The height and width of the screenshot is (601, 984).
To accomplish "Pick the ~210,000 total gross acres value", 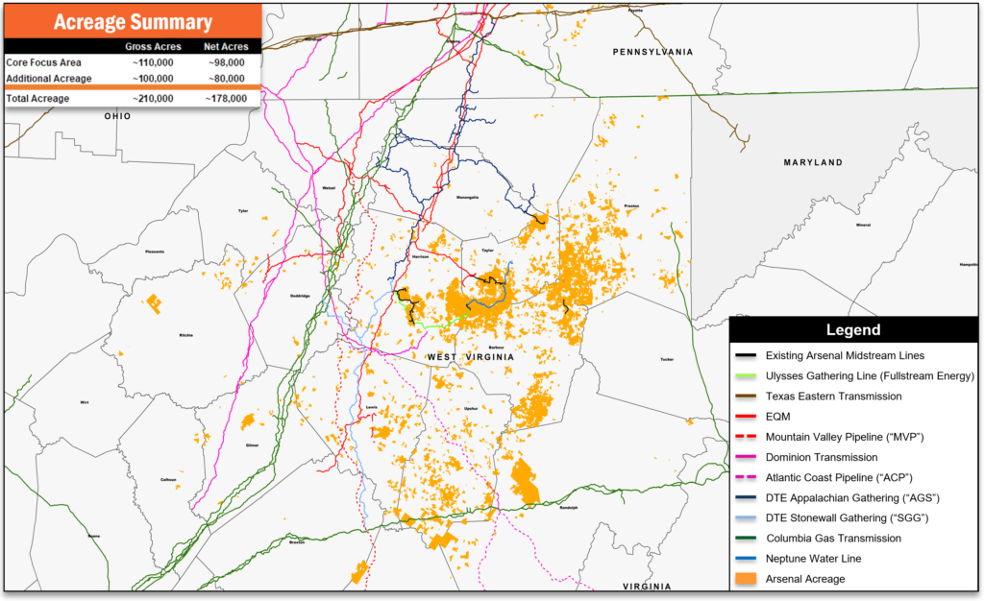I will tap(153, 98).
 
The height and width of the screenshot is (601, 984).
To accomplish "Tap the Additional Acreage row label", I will tap(49, 78).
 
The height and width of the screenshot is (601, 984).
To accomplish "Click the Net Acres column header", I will tap(226, 46).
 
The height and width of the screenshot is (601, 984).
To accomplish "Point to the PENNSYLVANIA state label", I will tap(652, 51).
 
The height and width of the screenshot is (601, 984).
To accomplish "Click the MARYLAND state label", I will tap(812, 163).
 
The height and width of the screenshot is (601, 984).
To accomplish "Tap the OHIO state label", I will tap(117, 115).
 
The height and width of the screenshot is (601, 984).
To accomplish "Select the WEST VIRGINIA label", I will tap(471, 357).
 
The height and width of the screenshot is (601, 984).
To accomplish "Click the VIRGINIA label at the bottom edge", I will tap(647, 586).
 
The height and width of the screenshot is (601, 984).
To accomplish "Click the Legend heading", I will tap(853, 330).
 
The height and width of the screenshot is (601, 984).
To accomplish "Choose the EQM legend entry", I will tap(779, 416).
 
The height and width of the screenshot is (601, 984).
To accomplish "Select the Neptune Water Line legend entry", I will tap(813, 558).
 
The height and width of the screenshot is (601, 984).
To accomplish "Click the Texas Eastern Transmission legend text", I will tap(833, 396).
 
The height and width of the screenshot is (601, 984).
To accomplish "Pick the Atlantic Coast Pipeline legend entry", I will tap(838, 477).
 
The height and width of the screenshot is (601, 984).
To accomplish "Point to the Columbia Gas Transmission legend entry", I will tap(833, 538).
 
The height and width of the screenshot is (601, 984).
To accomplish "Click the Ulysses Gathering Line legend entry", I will tap(870, 375).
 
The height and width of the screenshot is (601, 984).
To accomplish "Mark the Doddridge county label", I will tap(299, 296).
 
